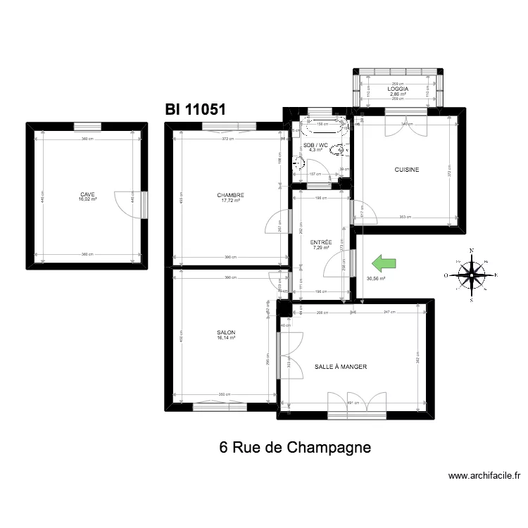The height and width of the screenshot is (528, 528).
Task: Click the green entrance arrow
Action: click(384, 264)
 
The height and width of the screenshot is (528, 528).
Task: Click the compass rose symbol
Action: click(472, 275)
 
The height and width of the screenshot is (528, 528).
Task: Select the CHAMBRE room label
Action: click(230, 195)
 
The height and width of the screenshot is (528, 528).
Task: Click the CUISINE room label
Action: click(407, 170)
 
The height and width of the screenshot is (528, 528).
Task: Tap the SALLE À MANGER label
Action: click(341, 367)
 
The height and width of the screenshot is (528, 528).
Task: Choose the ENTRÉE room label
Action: click(321, 243)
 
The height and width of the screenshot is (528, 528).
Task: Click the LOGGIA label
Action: click(398, 88)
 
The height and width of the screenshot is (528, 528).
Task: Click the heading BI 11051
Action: click(195, 110)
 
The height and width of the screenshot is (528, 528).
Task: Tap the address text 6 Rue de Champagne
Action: click(294, 447)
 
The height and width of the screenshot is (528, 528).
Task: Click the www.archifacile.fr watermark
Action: click(484, 477)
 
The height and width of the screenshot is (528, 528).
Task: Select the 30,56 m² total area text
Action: click(376, 277)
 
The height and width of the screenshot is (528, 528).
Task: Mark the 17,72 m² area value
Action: click(230, 200)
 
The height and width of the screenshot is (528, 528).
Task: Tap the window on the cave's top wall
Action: click(87, 126)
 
